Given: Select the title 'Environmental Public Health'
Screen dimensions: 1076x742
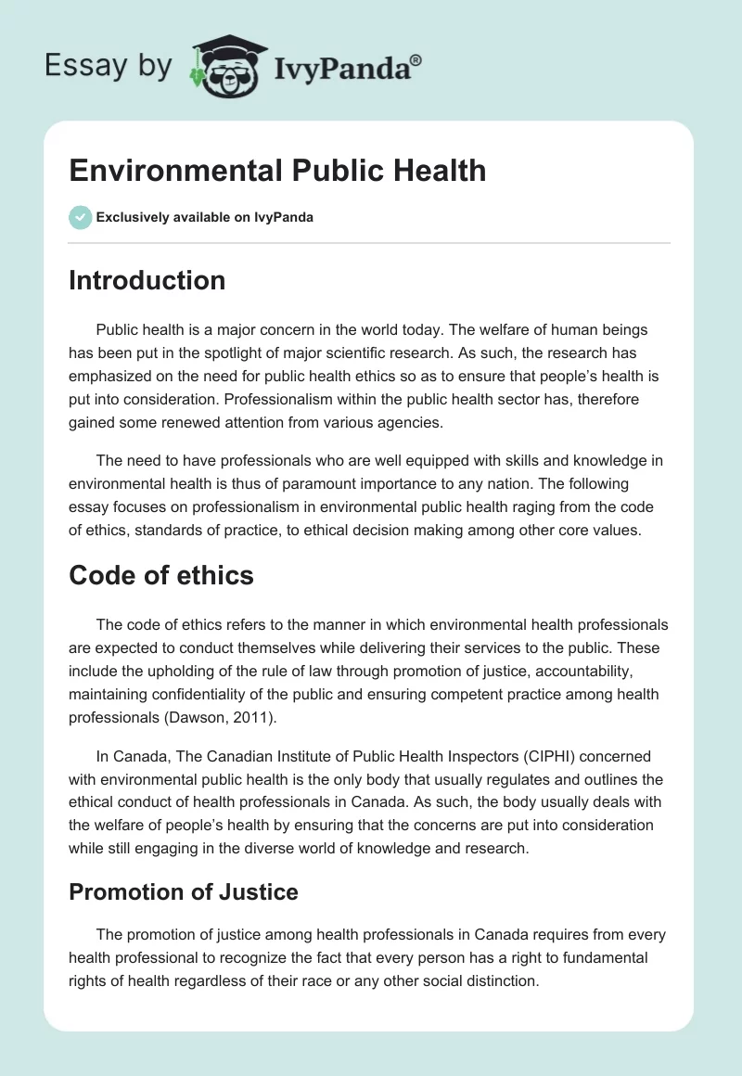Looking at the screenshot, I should click(x=277, y=171).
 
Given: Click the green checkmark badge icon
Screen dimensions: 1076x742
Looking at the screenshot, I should click(x=80, y=217).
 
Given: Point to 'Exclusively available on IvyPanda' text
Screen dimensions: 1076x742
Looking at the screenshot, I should click(x=204, y=218).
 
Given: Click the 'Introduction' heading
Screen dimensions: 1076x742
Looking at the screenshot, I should click(x=147, y=280).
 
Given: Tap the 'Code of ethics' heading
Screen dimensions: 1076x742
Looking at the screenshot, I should click(x=160, y=575).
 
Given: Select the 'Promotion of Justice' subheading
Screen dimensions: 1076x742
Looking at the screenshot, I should click(x=183, y=892).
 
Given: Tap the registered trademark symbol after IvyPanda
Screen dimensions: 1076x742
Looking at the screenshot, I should click(x=416, y=59).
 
